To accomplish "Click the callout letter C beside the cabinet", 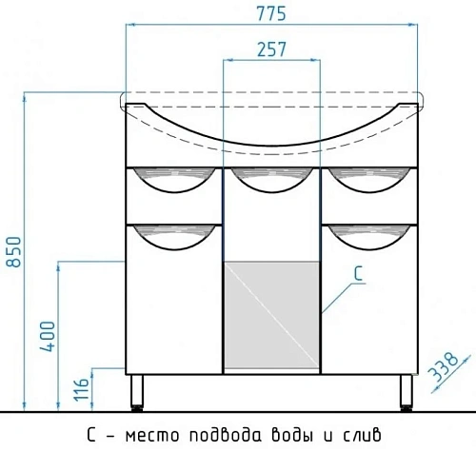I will point(358,272).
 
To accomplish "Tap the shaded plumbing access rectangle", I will point(273,317).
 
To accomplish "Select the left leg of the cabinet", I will point(136,392).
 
